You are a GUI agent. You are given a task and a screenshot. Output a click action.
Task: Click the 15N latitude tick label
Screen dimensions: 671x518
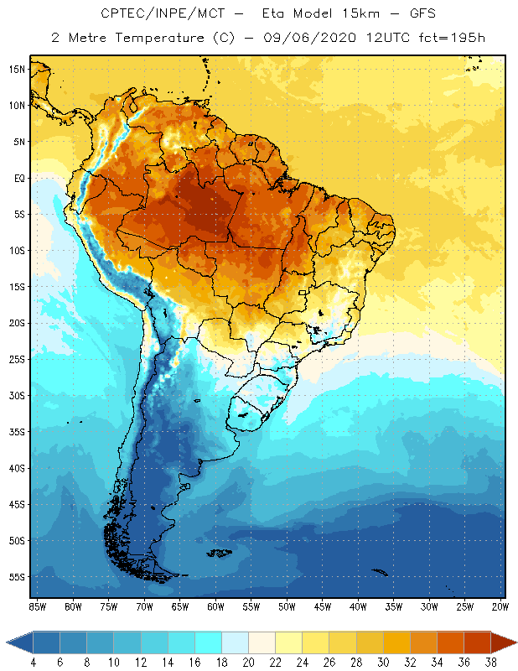point(17,69)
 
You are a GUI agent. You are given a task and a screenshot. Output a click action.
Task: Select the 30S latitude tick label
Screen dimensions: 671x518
point(17,395)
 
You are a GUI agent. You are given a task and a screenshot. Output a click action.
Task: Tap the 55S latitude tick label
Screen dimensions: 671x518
point(17,577)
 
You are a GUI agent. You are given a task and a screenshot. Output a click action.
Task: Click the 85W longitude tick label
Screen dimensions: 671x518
point(37,606)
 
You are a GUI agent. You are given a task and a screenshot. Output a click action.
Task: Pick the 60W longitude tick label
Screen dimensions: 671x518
point(216,606)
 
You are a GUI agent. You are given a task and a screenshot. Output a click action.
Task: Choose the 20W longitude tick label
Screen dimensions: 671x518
point(501,606)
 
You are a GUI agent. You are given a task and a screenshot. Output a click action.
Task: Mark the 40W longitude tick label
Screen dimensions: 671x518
point(359,606)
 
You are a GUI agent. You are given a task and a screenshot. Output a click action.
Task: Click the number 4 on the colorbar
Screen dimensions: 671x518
point(33,663)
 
